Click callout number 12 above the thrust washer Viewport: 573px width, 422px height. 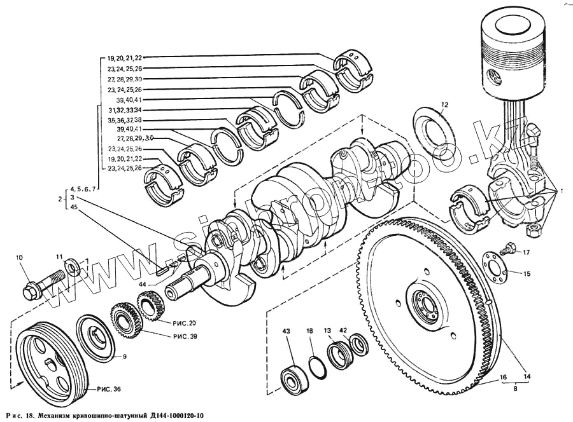click(444, 104)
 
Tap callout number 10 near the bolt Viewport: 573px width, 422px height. click(19, 257)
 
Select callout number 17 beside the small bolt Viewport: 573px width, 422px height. click(526, 253)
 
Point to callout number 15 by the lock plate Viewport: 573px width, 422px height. click(526, 274)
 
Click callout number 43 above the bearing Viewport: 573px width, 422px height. click(286, 331)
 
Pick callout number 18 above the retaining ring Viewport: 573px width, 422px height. click(309, 331)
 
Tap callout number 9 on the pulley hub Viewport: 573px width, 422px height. click(124, 357)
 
